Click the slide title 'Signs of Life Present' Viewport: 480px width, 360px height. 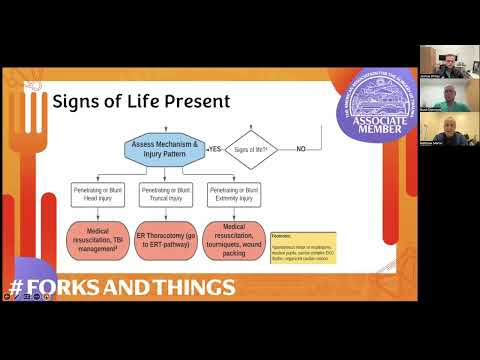pyautogui.click(x=141, y=101)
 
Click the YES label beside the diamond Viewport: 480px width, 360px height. pyautogui.click(x=212, y=149)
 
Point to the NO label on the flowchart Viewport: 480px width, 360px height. pyautogui.click(x=300, y=149)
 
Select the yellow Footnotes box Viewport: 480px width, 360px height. pyautogui.click(x=302, y=246)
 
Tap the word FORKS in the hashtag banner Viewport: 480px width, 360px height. pyautogui.click(x=67, y=288)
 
